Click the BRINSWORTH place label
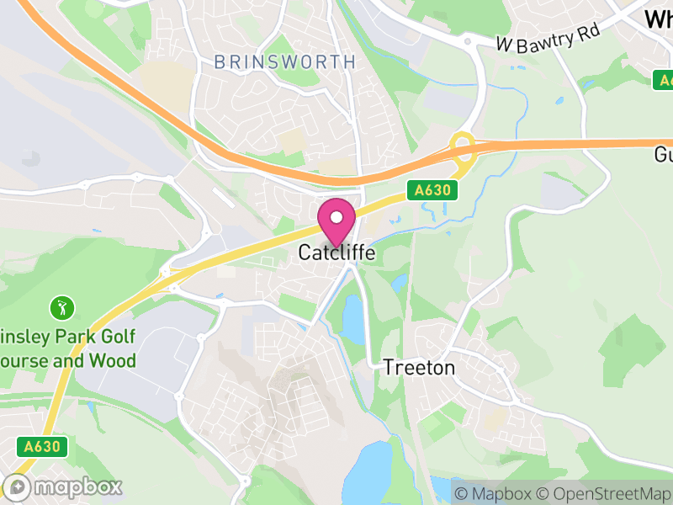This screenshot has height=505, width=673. click(284, 62)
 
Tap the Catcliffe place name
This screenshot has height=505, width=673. click(336, 252)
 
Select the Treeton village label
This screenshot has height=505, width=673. click(419, 368)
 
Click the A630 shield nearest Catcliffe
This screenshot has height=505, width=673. click(434, 191)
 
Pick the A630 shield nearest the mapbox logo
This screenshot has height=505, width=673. click(40, 447)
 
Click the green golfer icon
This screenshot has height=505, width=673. click(61, 307)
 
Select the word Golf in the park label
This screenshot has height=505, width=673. click(118, 338)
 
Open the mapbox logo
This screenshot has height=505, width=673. click(63, 486)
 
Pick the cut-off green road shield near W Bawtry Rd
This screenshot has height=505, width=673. click(664, 80)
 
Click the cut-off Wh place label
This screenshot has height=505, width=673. click(658, 19)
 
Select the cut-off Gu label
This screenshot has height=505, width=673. click(663, 156)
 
